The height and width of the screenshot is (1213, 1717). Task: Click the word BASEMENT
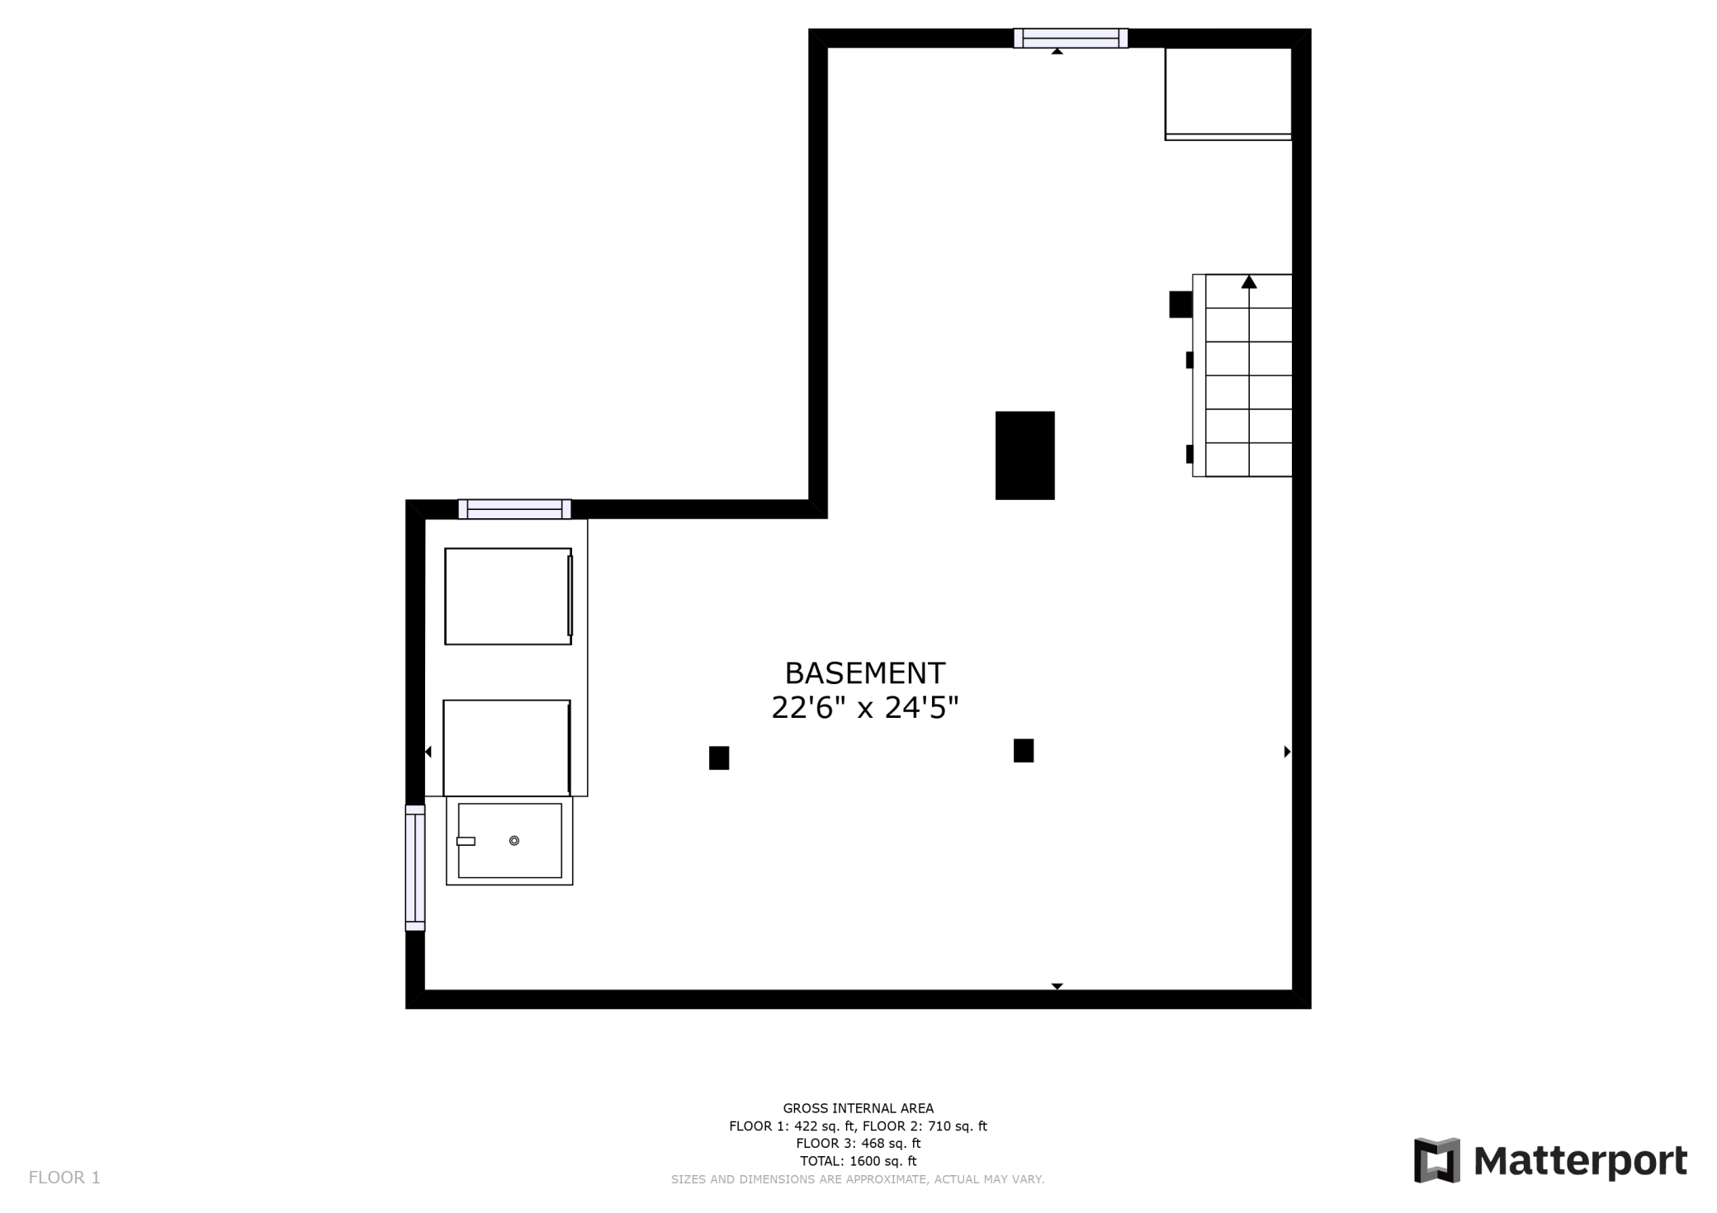coord(864,673)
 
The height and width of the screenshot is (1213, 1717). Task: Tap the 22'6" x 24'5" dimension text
coord(864,708)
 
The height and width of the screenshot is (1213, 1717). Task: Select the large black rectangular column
coord(1024,455)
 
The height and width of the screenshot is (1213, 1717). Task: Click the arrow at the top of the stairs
coord(1249,282)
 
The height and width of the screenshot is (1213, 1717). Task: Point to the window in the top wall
coord(1071,38)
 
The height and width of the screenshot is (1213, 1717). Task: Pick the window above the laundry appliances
coord(514,509)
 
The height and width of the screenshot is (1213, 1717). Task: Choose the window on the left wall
coord(415,867)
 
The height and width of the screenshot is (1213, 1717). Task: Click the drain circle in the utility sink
coord(514,841)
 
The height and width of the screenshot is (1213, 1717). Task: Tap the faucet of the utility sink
coord(466,842)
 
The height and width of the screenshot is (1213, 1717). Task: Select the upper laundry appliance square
coord(508,596)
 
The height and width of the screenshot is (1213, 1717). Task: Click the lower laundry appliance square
coord(507,748)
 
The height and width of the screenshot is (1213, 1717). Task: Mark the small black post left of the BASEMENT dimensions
coord(719,758)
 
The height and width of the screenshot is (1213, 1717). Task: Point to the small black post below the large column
coord(1024,750)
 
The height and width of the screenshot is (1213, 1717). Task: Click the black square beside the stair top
coord(1180,304)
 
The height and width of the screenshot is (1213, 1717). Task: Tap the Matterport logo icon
coord(1437,1159)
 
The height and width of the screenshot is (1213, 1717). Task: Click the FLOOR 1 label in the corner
coord(64,1178)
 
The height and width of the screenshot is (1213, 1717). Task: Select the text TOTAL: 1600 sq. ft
coord(858,1161)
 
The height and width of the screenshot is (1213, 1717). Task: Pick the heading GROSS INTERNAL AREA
coord(858,1108)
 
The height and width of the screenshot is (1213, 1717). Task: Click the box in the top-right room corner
coord(1228,94)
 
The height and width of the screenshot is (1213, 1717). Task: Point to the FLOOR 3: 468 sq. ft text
coord(858,1144)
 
